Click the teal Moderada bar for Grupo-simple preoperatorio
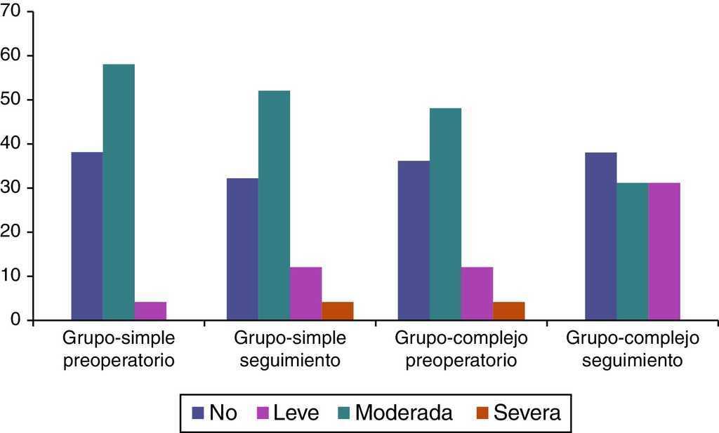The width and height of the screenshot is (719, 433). point(119,192)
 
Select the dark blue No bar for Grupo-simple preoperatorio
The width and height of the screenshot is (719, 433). point(86,237)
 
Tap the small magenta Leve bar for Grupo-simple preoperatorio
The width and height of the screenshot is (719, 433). point(150,311)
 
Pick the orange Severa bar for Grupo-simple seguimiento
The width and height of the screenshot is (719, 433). point(338,311)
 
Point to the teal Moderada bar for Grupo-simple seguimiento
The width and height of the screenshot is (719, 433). point(274,206)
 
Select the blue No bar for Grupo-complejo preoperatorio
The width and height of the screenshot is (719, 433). point(414,241)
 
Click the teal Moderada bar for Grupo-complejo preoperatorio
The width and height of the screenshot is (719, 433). point(445,214)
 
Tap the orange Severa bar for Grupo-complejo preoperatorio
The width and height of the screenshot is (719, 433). point(509,311)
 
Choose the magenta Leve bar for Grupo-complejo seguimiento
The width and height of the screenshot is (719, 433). point(664,251)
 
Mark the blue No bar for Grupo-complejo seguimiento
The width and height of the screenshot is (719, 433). point(600,237)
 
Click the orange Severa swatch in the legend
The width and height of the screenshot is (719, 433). point(482,413)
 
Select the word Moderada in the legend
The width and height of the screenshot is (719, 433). point(404,413)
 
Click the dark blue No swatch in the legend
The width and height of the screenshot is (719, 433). point(197,413)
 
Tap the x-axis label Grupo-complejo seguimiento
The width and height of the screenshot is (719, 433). point(633,349)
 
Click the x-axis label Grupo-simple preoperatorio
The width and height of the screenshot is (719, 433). point(119,349)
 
